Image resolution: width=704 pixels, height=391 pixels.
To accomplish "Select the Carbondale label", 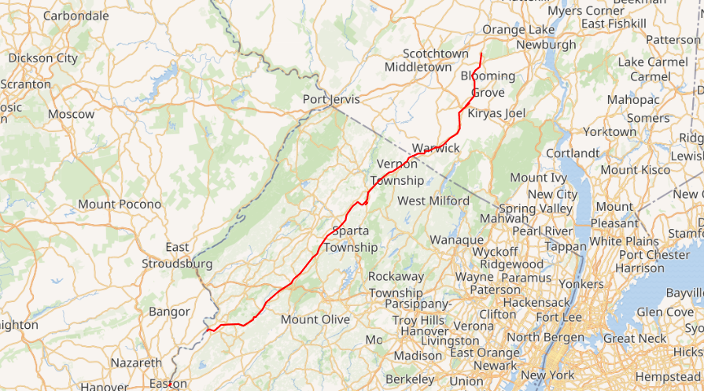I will (76, 16).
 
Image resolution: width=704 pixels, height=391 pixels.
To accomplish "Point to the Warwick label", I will (436, 148).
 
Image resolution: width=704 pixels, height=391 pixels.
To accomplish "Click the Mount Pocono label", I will (120, 205).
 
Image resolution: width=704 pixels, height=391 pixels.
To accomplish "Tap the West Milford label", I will (433, 201).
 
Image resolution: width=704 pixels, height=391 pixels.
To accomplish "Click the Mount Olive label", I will (315, 319).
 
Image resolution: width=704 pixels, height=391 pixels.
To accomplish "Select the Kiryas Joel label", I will (496, 113).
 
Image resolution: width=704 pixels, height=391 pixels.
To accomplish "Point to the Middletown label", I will (418, 67).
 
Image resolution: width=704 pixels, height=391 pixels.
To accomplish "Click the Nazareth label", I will (136, 363).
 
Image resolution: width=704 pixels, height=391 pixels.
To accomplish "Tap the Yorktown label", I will (608, 131).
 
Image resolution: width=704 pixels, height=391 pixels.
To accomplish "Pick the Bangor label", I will (169, 312).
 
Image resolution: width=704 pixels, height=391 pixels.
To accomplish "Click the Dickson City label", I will (43, 57).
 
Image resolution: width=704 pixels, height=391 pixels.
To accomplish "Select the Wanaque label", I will (456, 239).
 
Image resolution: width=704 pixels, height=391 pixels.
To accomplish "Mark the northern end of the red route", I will (481, 53).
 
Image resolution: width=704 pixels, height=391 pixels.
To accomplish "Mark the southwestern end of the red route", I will (207, 329).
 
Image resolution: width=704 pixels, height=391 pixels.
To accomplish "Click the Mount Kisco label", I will (636, 170).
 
